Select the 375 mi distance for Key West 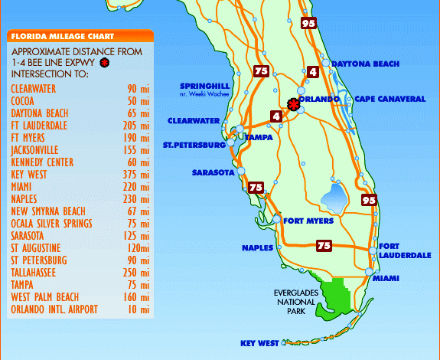(139, 175)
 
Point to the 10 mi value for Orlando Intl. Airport (139, 309)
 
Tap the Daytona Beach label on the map (366, 64)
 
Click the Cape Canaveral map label (389, 99)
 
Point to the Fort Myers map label (308, 221)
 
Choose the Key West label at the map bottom (259, 344)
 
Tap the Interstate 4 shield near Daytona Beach (313, 71)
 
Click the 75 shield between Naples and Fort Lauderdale (324, 246)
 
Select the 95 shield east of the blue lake (370, 200)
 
